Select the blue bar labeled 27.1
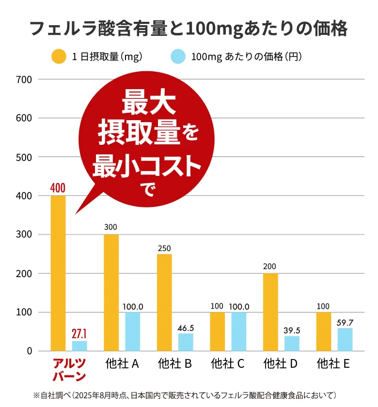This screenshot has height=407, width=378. coord(79,345)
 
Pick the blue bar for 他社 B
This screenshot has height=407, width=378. coord(186,342)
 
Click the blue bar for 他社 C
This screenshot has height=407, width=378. coord(238,331)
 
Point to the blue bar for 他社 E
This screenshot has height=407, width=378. coord(345,339)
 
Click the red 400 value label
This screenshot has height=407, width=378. coord(58,188)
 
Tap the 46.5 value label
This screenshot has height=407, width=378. coord(186,328)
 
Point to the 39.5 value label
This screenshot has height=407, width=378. coord(292,330)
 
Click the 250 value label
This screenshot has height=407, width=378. coord(164,248)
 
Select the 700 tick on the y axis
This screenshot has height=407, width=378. coord(24,79)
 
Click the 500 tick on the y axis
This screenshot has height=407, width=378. coord(24,157)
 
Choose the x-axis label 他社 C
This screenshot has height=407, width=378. coord(227,364)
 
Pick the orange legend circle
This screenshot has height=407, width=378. coord(59,57)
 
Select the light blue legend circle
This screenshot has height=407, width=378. coord(179,57)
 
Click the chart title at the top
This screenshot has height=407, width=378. coord(189,29)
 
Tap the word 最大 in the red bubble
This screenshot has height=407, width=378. coord(148,103)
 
